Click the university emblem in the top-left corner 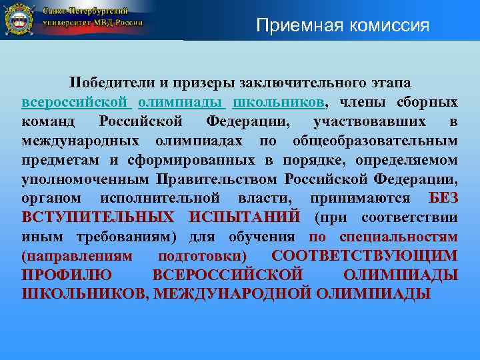pyautogui.click(x=19, y=19)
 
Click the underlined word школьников pyautogui.click(x=279, y=103)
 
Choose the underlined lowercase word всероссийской pyautogui.click(x=74, y=103)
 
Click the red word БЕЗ pyautogui.click(x=443, y=199)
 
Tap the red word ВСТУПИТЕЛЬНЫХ pyautogui.click(x=98, y=218)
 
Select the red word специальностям pyautogui.click(x=398, y=237)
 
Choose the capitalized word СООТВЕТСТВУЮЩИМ pyautogui.click(x=365, y=257)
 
